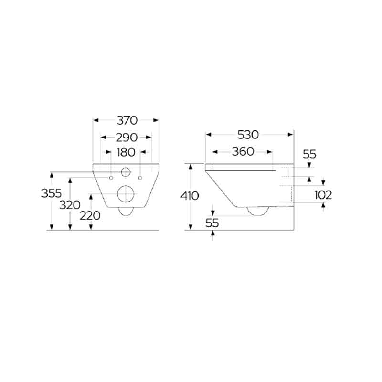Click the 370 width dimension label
127,120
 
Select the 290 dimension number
127,138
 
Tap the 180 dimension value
126,152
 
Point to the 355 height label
51,193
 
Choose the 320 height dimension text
70,205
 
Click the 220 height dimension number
90,216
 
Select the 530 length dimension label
248,135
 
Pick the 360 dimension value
243,151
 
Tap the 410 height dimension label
190,196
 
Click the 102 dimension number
323,195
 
